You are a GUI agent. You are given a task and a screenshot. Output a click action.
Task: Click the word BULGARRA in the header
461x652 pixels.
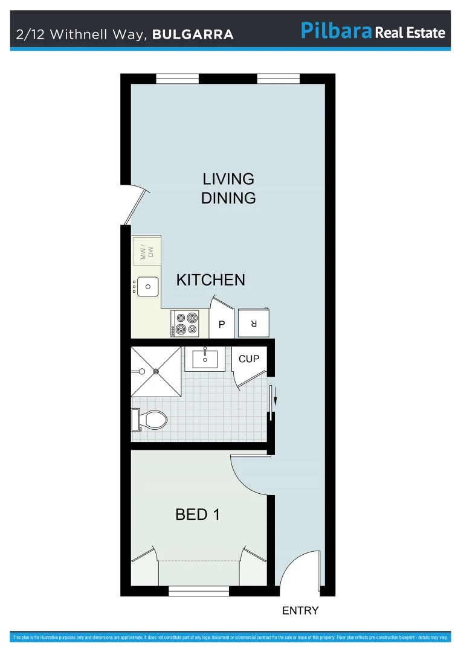[x=193, y=34]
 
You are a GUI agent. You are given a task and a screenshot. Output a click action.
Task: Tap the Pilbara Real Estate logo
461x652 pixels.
[x=373, y=32]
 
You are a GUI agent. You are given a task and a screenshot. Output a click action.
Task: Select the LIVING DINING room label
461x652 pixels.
[x=228, y=188]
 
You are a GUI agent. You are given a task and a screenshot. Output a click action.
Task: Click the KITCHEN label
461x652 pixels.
[x=210, y=280]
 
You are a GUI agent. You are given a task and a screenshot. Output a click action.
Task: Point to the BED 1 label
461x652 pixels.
[x=198, y=514]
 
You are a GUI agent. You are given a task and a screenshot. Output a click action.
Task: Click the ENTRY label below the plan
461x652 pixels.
[x=300, y=611]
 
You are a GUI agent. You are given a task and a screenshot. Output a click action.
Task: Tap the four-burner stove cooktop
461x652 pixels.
[x=185, y=323]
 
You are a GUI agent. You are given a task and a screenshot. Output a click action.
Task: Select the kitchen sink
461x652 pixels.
[x=147, y=286]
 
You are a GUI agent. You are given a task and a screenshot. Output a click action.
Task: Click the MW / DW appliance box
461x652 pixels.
[x=147, y=252]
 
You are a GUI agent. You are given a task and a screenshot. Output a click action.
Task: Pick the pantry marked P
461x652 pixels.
[x=222, y=325]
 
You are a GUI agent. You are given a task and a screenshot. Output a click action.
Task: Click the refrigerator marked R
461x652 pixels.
[x=254, y=323]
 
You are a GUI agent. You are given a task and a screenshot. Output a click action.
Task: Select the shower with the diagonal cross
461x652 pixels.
[x=156, y=372]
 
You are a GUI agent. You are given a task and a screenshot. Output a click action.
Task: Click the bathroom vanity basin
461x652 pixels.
[x=205, y=359]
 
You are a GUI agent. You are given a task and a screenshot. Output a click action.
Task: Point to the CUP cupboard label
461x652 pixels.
[x=249, y=359]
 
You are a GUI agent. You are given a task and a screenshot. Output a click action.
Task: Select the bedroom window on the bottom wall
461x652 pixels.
[x=199, y=591]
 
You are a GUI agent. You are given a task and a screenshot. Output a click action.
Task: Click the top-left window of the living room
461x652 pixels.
[x=177, y=78]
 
